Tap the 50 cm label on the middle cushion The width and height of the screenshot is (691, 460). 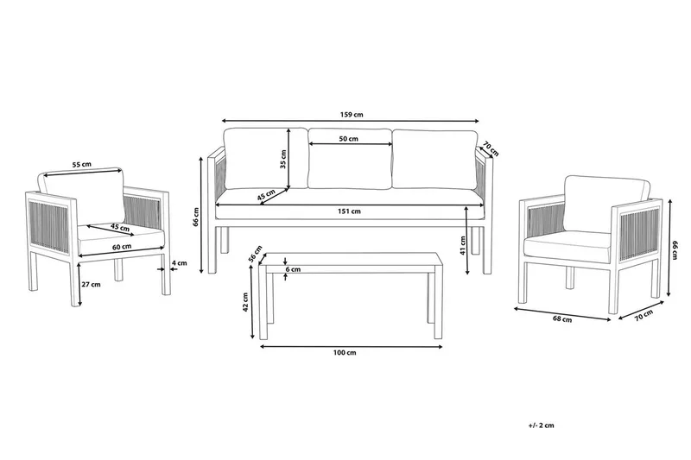[349, 139]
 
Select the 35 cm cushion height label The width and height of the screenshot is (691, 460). [282, 160]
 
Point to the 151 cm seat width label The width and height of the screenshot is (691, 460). [349, 211]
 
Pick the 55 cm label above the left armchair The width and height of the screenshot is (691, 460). [81, 163]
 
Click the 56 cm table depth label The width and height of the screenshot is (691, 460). [256, 254]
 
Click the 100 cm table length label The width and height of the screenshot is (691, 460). [345, 353]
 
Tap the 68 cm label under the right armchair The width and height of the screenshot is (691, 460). [561, 320]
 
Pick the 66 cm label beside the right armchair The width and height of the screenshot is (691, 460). [672, 249]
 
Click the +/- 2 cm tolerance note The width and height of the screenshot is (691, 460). [542, 426]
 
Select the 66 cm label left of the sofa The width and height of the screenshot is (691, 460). [197, 216]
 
